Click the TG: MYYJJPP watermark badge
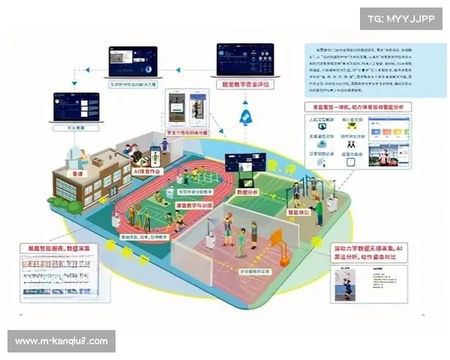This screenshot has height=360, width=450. click(x=401, y=17)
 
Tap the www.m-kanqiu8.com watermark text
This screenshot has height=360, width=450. click(x=62, y=341)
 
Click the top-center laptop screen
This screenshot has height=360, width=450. click(x=132, y=61)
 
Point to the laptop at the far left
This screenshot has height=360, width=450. click(x=76, y=106)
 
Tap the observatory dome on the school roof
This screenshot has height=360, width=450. click(x=76, y=154)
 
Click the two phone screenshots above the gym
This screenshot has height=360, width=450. click(x=187, y=111)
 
